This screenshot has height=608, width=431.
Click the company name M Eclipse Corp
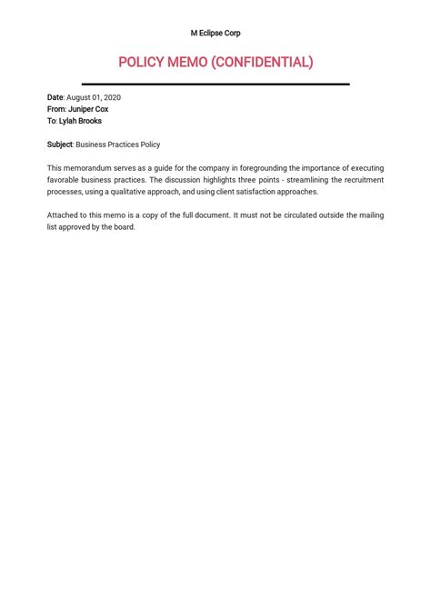coord(215,33)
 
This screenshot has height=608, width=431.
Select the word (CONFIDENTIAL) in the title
coord(264,62)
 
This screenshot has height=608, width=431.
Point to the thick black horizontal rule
coord(215,84)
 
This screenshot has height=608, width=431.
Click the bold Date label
coord(55,97)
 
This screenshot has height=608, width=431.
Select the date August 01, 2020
coord(94,97)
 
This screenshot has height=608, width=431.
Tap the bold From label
coord(56,109)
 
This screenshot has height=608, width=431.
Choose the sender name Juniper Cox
coord(88,109)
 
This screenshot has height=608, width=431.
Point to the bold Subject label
coord(60,145)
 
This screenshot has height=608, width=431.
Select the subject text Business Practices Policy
coord(118,145)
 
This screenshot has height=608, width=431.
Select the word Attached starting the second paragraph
coord(63,215)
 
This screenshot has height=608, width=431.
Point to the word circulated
coord(301,215)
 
